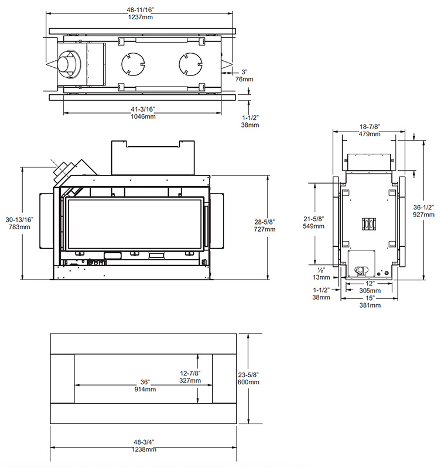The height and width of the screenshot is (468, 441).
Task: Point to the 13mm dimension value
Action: [x=321, y=277]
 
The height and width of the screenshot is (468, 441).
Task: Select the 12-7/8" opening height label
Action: [x=190, y=373]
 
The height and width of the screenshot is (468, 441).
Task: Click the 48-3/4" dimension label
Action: [x=144, y=442]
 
